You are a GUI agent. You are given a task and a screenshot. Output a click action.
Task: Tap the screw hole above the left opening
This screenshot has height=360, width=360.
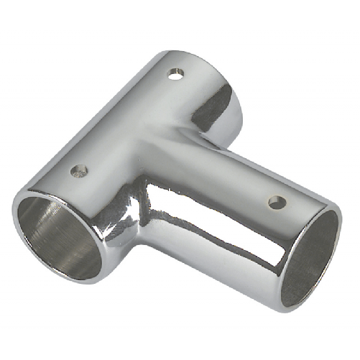coord(80,171)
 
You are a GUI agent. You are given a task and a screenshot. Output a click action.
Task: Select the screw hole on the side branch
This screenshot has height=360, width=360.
coord(275,202)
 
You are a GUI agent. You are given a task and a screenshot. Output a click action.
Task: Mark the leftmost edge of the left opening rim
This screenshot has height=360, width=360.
coord(14,216)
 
